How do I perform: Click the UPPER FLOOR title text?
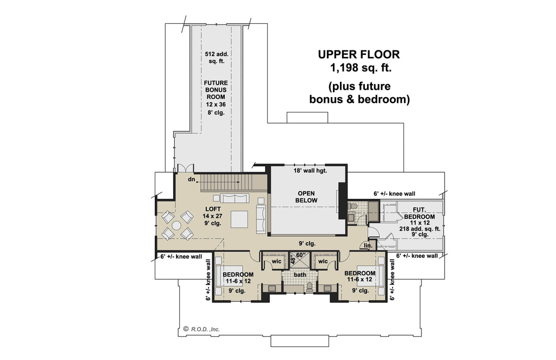[x=359, y=54]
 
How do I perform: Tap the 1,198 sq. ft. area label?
[x=361, y=67]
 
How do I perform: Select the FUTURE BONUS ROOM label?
[x=216, y=90]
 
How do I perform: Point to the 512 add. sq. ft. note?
[x=216, y=58]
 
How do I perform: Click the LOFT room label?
[x=213, y=209]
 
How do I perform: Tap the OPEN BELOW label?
[x=306, y=197]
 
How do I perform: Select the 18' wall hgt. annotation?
[x=310, y=170]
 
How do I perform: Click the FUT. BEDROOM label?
[x=420, y=213]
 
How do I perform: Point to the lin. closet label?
[x=368, y=245]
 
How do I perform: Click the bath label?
[x=300, y=275]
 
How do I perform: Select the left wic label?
[x=276, y=261]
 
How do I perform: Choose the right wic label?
[x=323, y=261]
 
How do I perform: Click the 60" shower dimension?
[x=301, y=255]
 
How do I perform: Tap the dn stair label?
[x=192, y=179]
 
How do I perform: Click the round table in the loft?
[x=176, y=225]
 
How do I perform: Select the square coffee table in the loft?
[x=239, y=219]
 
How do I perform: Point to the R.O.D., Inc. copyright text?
[x=201, y=329]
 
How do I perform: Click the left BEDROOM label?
[x=238, y=275]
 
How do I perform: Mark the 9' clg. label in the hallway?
[x=307, y=244]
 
